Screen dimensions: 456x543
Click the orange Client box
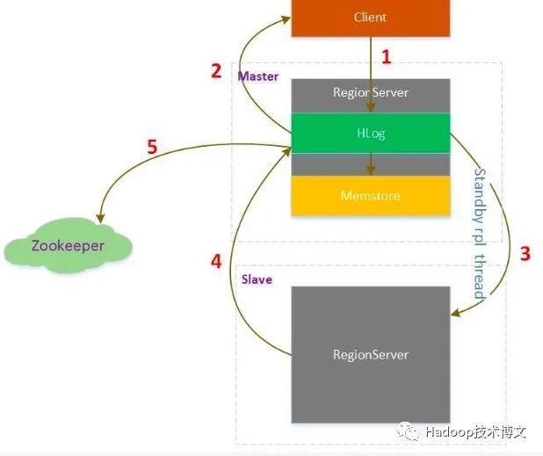pos(370,18)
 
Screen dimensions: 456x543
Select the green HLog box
pos(370,133)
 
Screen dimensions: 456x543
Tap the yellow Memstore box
pos(370,195)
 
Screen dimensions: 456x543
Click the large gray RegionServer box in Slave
pos(370,354)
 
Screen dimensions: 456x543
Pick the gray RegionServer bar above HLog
pos(370,92)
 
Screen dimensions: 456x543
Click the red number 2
pos(216,72)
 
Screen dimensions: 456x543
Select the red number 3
pos(525,254)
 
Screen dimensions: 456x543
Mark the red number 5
pos(152,147)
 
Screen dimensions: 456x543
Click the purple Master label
pos(258,76)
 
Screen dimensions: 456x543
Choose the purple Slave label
pos(257,279)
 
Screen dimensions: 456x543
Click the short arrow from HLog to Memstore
pos(370,163)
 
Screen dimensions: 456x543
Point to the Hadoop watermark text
pos(475,432)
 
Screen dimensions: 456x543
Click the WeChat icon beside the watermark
pos(409,431)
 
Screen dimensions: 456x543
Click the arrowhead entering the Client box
pos(293,23)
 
